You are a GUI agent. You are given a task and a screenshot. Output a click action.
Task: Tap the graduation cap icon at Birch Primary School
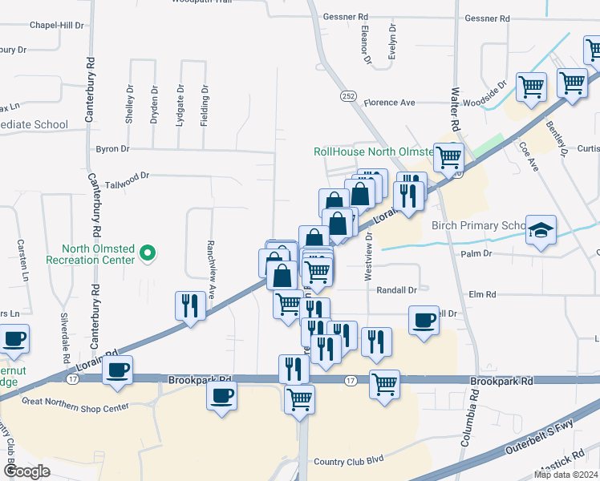pyautogui.click(x=541, y=230)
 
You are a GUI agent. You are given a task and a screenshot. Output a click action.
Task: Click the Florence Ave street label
pyautogui.click(x=389, y=103)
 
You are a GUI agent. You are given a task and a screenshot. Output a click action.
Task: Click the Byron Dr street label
pyautogui.click(x=112, y=149)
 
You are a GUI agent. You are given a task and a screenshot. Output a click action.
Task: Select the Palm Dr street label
pyautogui.click(x=475, y=253)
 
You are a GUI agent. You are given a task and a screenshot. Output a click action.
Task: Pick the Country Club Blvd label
pyautogui.click(x=349, y=460)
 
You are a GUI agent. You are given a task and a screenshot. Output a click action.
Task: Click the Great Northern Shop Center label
pyautogui.click(x=76, y=403)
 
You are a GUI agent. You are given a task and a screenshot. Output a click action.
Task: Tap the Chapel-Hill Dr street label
pyautogui.click(x=56, y=25)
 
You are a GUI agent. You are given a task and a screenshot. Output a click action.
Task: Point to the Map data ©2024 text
pyautogui.click(x=566, y=475)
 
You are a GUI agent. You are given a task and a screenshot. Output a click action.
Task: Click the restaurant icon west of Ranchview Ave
pyautogui.click(x=190, y=305)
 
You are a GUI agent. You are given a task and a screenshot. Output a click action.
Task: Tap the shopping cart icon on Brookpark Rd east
pyautogui.click(x=385, y=383)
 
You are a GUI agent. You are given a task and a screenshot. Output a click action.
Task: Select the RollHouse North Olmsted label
pyautogui.click(x=373, y=151)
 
